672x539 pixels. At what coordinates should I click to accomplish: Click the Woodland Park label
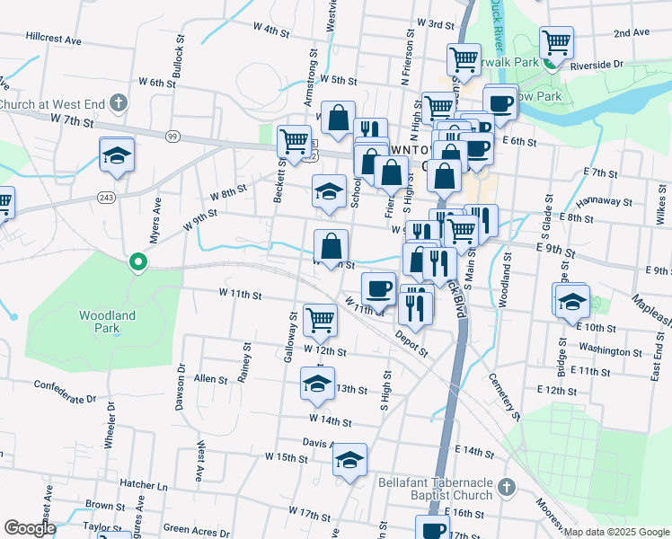(x=107, y=322)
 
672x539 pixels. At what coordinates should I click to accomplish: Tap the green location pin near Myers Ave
(x=137, y=262)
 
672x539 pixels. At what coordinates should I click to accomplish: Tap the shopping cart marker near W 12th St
(x=320, y=319)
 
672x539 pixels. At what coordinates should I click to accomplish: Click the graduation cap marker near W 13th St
(x=317, y=383)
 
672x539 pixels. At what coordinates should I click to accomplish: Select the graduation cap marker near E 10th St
(x=571, y=302)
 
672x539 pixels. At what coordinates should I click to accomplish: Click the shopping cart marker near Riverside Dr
(x=557, y=41)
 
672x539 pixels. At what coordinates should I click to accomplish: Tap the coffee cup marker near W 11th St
(x=378, y=288)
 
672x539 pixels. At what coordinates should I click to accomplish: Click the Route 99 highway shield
(x=171, y=136)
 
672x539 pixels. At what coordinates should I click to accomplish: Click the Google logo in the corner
(x=30, y=527)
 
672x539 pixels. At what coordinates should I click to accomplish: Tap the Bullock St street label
(x=178, y=60)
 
